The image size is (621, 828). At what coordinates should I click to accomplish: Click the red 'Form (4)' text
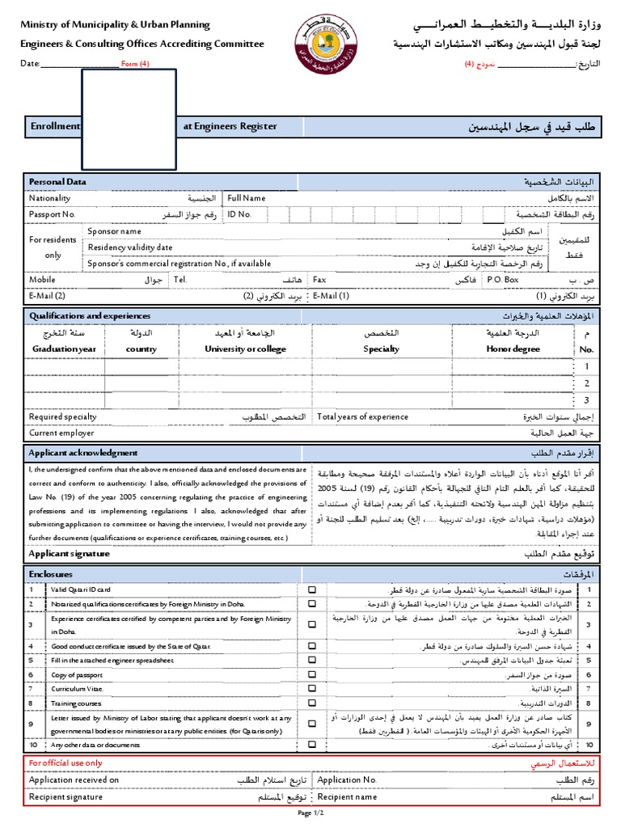(x=135, y=63)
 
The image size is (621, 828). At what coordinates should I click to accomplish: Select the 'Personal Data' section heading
(x=57, y=182)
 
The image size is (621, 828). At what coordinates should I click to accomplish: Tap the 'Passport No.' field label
(x=52, y=214)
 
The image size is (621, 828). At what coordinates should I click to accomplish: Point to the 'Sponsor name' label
(x=120, y=231)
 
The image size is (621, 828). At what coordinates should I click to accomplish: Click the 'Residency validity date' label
(x=130, y=247)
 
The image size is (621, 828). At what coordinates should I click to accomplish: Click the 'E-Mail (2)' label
(x=47, y=296)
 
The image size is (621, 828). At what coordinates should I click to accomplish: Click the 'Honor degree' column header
(x=513, y=349)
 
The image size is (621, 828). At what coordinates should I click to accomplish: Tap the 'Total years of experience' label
(x=363, y=417)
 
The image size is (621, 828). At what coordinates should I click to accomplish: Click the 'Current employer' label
(x=61, y=433)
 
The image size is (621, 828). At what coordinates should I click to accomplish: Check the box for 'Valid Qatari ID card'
(x=312, y=590)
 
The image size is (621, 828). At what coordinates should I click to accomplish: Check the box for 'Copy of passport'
(x=312, y=674)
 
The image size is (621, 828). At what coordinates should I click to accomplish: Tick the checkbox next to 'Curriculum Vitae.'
(x=312, y=689)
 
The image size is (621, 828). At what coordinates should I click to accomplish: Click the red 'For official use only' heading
(x=65, y=763)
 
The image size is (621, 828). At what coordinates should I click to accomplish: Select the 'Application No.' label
(x=348, y=780)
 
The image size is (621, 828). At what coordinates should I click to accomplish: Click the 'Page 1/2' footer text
(x=310, y=813)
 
